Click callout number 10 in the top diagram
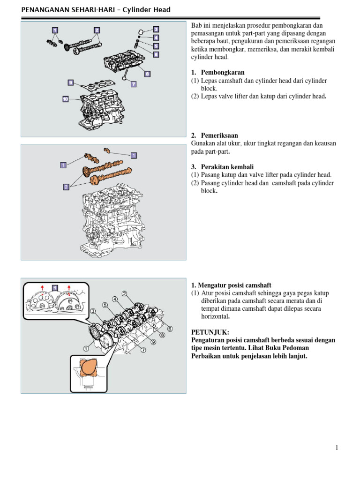tap(65, 99)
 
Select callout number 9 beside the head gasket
tap(71, 82)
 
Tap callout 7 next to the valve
tap(133, 84)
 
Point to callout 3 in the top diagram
tap(156, 29)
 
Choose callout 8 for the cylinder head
tap(147, 74)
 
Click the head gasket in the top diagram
tap(96, 88)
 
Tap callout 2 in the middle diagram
tap(66, 187)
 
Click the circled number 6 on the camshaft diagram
tap(170, 329)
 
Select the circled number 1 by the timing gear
tap(85, 348)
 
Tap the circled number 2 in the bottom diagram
tap(124, 293)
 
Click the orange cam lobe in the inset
tap(88, 367)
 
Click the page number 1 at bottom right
tap(337, 448)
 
